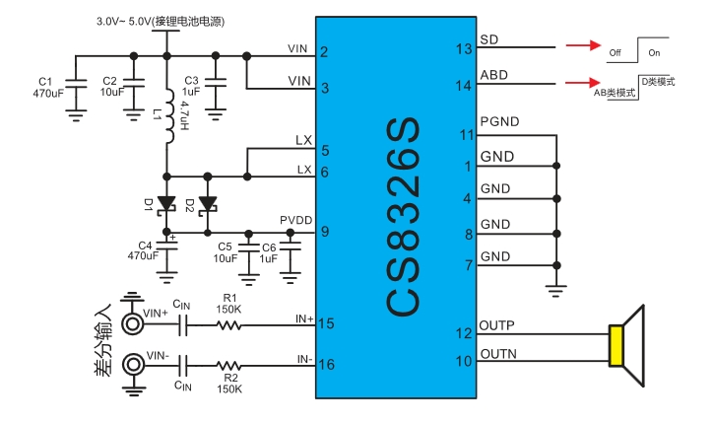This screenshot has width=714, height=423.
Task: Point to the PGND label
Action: click(500, 123)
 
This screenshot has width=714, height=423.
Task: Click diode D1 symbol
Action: click(166, 204)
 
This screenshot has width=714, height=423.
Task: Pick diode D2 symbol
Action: click(207, 204)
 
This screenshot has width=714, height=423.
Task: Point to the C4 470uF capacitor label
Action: click(144, 250)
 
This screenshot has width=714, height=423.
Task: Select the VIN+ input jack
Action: click(131, 323)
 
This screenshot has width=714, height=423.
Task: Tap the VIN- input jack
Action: click(131, 365)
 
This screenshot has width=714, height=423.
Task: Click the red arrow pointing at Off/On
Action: click(582, 45)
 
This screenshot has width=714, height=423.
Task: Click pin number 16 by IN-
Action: click(327, 365)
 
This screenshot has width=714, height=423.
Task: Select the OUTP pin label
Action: click(497, 325)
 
